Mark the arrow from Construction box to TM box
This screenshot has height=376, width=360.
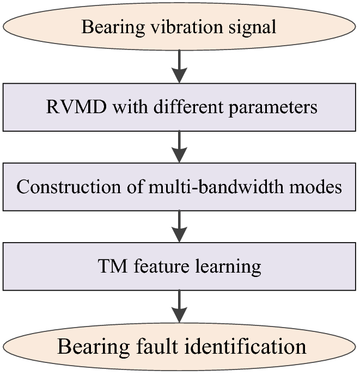pyautogui.click(x=179, y=226)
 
